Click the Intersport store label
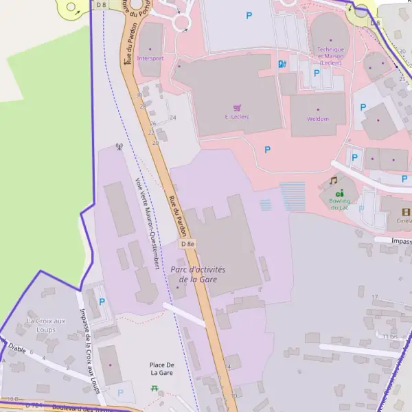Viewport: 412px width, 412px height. click(150, 58)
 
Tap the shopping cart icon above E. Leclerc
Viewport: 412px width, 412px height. click(237, 108)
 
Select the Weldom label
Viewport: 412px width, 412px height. click(318, 119)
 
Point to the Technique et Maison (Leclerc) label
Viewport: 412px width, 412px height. click(330, 56)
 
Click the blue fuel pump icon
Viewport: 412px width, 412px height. click(281, 64)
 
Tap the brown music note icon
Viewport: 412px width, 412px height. click(333, 181)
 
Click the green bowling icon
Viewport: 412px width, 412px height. click(340, 194)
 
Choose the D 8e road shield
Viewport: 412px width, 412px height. click(187, 244)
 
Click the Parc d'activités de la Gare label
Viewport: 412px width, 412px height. click(202, 274)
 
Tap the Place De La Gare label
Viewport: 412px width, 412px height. click(161, 369)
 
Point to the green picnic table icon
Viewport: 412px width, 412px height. click(154, 389)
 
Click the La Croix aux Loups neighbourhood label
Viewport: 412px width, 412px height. click(46, 325)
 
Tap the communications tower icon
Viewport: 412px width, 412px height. click(119, 147)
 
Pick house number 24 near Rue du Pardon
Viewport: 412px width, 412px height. click(172, 118)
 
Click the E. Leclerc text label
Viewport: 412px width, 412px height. click(237, 117)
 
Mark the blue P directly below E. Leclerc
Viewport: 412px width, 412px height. click(267, 149)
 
